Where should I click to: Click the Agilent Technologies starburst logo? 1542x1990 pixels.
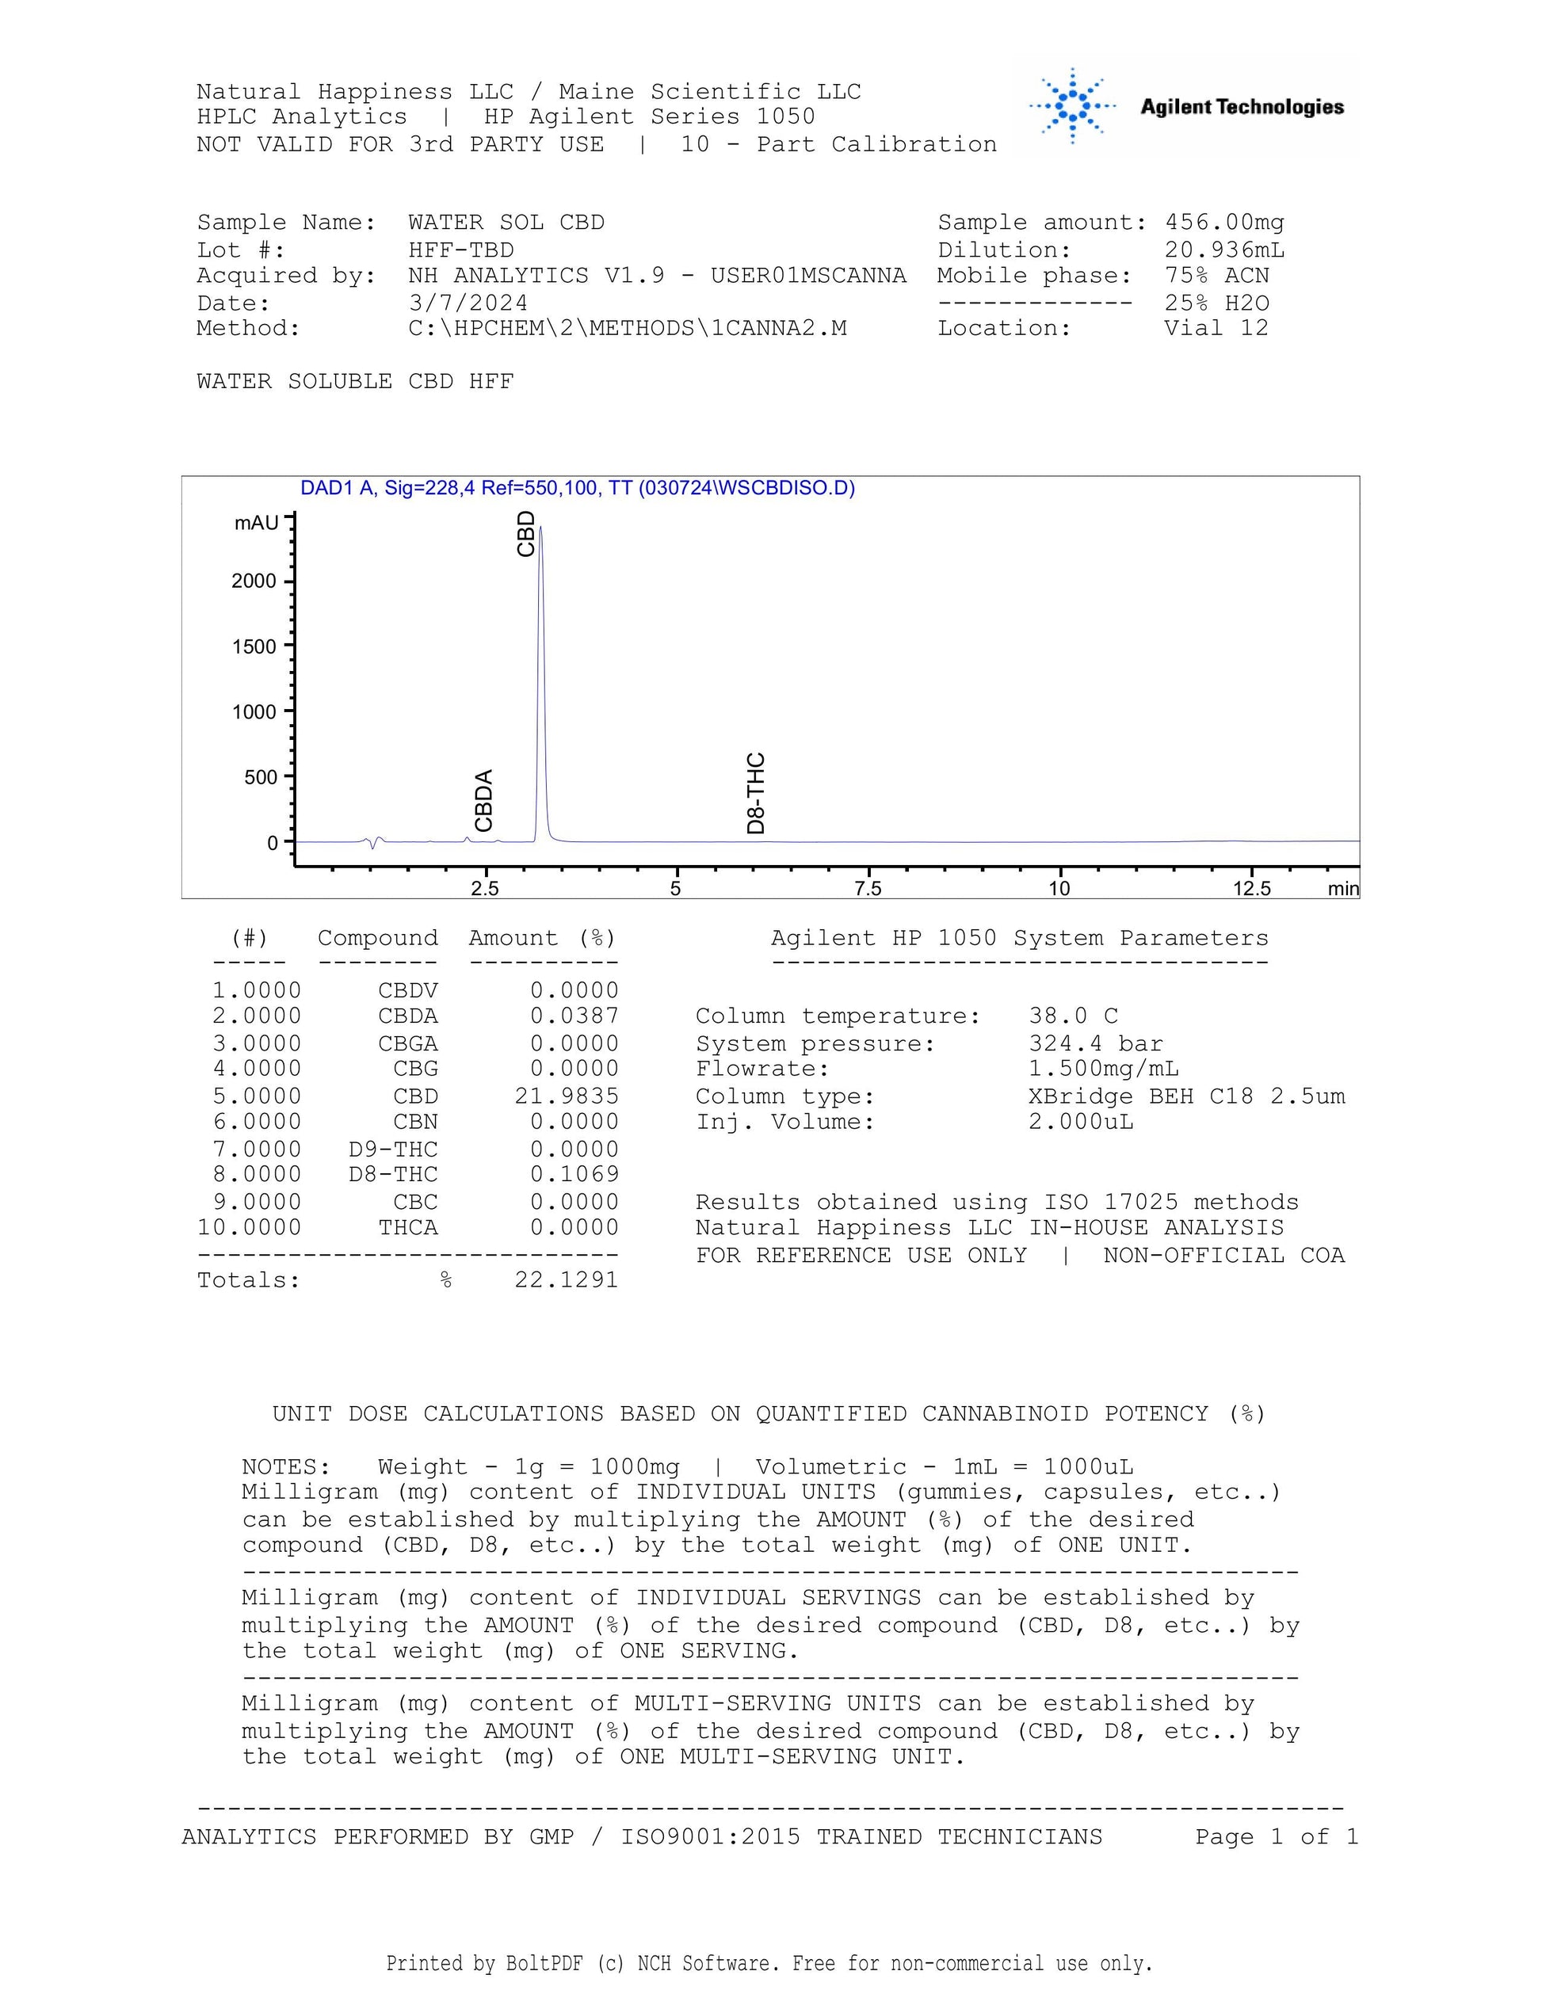[x=1073, y=107]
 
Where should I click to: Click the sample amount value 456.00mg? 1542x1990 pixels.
[x=1224, y=223]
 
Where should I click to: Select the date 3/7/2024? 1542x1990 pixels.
[x=468, y=303]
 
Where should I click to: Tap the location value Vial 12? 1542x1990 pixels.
[x=1216, y=328]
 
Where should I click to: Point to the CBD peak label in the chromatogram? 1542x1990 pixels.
[x=526, y=534]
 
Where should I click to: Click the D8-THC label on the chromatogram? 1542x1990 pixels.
[x=755, y=793]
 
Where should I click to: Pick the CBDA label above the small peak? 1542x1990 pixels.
[x=484, y=800]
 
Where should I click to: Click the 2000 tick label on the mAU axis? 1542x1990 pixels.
[x=254, y=581]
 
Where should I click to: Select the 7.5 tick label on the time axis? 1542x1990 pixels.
[x=868, y=888]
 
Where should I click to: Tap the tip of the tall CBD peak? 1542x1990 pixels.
[x=540, y=528]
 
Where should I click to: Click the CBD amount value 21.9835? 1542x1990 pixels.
[x=566, y=1096]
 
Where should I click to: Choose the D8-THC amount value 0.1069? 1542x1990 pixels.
[x=574, y=1175]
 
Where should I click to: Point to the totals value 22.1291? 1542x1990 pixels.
[x=566, y=1280]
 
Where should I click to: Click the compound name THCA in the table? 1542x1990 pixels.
[x=408, y=1227]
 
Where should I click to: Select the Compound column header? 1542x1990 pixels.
[x=377, y=939]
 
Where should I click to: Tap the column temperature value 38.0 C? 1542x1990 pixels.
[x=1073, y=1016]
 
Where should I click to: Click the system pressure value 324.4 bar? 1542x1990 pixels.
[x=1095, y=1043]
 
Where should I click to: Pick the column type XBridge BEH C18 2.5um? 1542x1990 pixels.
[x=1186, y=1096]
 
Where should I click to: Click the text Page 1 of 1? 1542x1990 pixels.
[x=1276, y=1837]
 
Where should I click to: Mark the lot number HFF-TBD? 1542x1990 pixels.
[x=460, y=250]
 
